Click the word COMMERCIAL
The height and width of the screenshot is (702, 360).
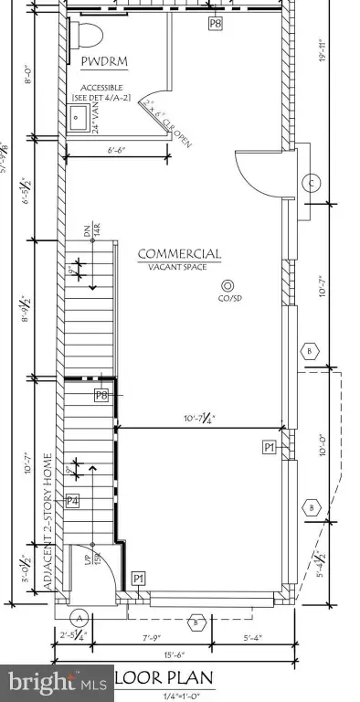tap(179, 253)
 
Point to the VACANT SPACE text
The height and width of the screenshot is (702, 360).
tap(178, 267)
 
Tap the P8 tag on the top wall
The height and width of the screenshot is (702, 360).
tap(215, 24)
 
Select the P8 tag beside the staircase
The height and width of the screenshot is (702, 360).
tap(101, 395)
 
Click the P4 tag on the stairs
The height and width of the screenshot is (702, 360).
tap(73, 500)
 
